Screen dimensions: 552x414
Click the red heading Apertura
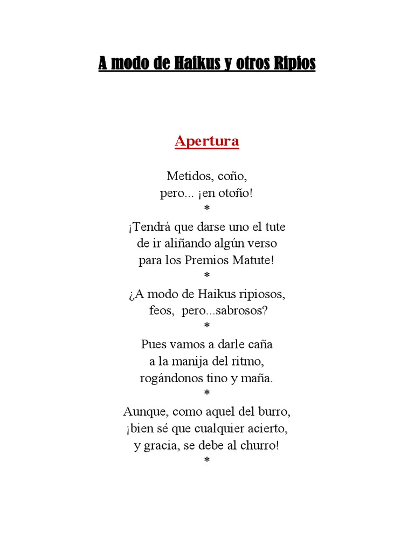[206, 142]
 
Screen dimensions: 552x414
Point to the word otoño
[235, 194]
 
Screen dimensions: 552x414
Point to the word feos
[160, 312]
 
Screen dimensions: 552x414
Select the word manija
[190, 361]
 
